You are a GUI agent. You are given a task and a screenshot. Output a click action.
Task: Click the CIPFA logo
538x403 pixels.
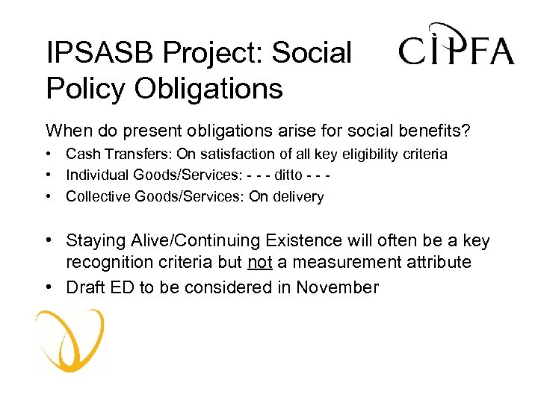(456, 46)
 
